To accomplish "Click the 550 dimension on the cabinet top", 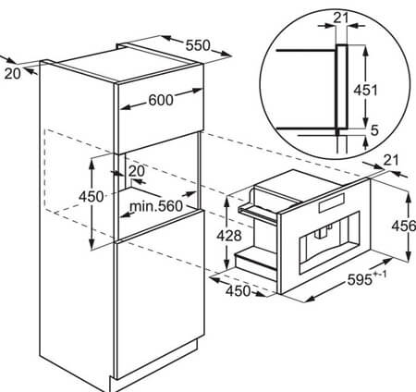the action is tap(198, 45).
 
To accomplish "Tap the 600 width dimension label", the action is tap(161, 100).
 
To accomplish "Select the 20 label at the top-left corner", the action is tap(13, 74).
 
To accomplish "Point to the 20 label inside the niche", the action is tap(136, 171).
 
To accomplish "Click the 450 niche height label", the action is tap(91, 197).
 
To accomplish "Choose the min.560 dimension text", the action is tap(156, 206).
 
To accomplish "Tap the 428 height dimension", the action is tap(229, 236).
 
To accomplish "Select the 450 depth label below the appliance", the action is tap(239, 290).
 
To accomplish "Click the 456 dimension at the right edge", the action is tap(404, 227).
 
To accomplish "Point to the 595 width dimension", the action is tap(360, 280).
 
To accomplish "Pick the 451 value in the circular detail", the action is tap(365, 91).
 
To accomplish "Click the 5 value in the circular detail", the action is tap(374, 130).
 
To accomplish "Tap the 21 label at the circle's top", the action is tap(341, 18).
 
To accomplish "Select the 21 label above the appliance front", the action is tap(391, 160).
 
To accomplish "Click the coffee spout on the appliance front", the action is tap(322, 233).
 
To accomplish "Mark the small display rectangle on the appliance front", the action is tap(332, 203).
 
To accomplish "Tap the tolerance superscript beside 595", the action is tap(380, 274).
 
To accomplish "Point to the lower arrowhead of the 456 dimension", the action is tap(409, 256).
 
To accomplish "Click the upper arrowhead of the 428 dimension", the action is tap(226, 202).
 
